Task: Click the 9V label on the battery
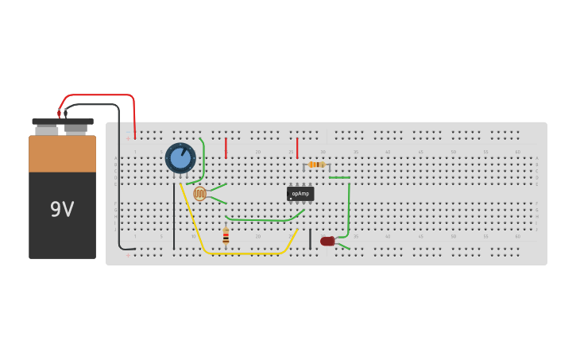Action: pos(62,209)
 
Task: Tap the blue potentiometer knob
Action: pos(180,157)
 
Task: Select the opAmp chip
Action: pos(300,193)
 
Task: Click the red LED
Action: pos(327,241)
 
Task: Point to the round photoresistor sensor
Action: pos(199,193)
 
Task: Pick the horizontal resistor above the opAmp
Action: pos(316,165)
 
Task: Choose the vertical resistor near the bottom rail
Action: pos(226,235)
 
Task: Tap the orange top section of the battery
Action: pos(62,153)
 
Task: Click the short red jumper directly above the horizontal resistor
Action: pos(297,148)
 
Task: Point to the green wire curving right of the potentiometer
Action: pos(203,163)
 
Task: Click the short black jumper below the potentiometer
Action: pos(174,216)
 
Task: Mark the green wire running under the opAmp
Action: pos(262,219)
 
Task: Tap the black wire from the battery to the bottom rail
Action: pos(119,175)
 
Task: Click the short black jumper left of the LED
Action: pos(310,238)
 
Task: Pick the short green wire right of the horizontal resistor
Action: pos(339,177)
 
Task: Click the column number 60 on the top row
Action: pos(517,152)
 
